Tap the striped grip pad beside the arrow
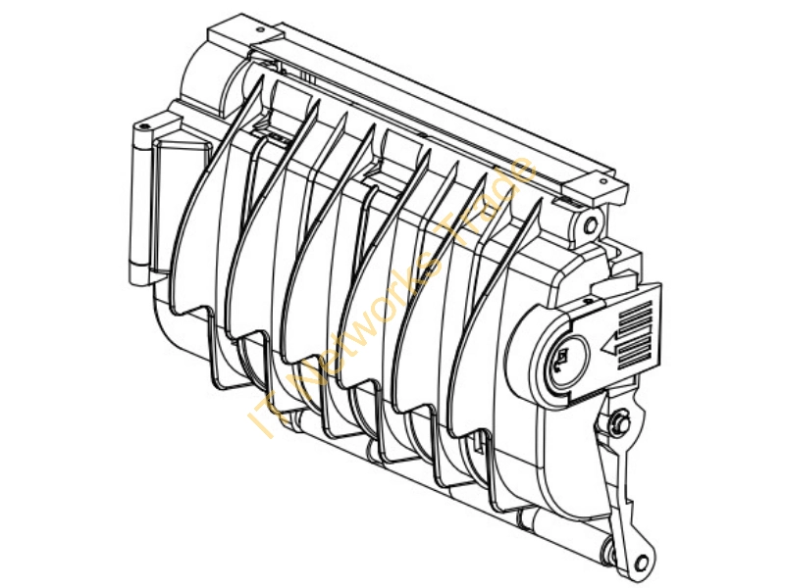pos(636,334)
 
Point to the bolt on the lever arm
pos(621,421)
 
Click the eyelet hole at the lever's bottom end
pos(641,563)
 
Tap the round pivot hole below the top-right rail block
pos(591,226)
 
